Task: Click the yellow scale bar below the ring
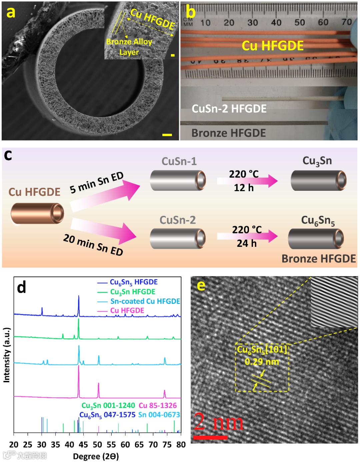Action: (167, 135)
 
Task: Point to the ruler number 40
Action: (276, 22)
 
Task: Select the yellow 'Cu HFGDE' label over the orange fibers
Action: (272, 46)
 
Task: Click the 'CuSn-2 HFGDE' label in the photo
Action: (229, 109)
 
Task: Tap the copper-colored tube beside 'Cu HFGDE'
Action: (37, 213)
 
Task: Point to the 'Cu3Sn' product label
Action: (317, 161)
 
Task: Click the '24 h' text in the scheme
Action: (247, 244)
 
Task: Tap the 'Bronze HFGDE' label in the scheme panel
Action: (319, 259)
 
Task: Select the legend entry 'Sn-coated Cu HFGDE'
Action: (145, 301)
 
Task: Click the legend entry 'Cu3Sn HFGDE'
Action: (133, 292)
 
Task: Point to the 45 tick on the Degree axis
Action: (83, 444)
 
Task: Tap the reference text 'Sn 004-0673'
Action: (159, 415)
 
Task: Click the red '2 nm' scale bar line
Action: (210, 437)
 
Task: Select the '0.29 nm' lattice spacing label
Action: (262, 362)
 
